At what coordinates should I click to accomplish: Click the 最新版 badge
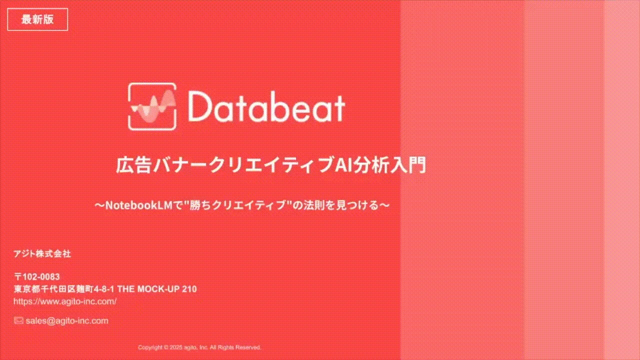[37, 20]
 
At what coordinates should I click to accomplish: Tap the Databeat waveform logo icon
[152, 106]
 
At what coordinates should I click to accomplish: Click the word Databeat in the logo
[266, 107]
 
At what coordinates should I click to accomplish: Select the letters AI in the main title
[343, 165]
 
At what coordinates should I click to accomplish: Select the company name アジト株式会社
[42, 254]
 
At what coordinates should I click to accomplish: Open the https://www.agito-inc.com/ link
[65, 301]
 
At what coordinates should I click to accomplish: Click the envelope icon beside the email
[18, 320]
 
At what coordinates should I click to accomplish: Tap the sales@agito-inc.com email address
[67, 320]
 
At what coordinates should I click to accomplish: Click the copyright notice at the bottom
[199, 347]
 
